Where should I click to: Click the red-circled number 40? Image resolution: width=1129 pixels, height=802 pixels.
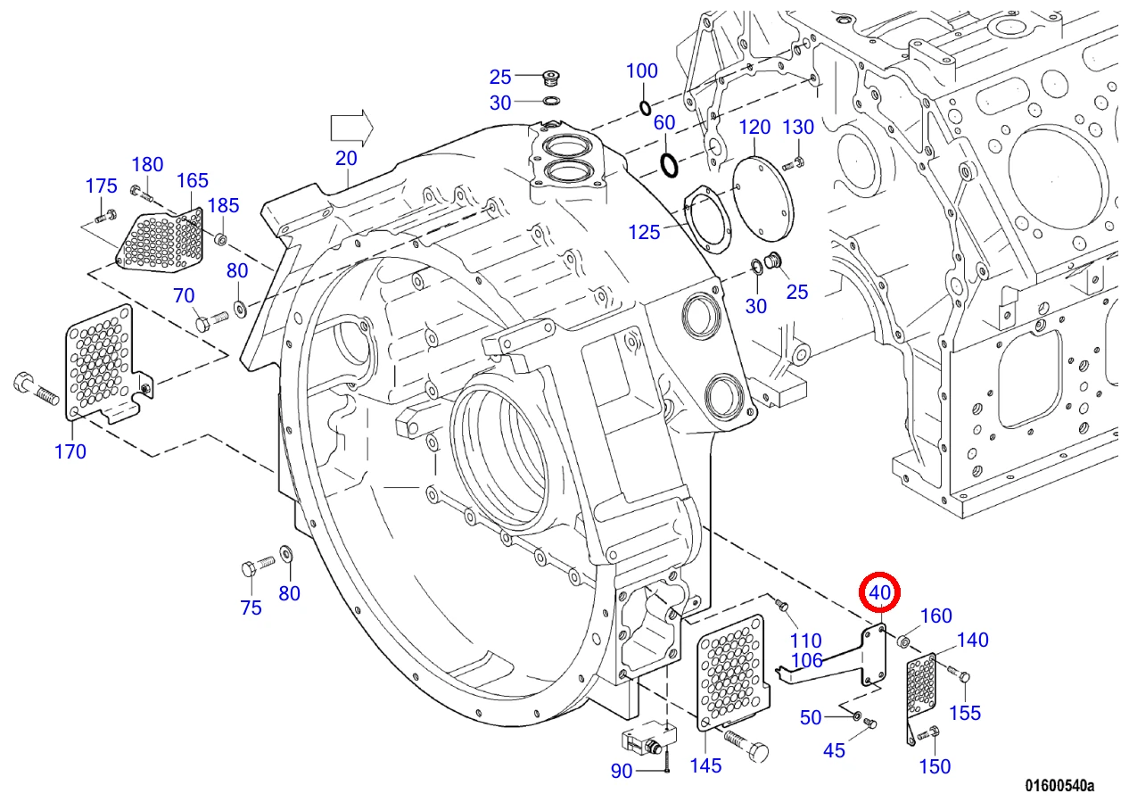point(879,593)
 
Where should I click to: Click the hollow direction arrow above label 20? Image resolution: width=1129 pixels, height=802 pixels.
point(351,128)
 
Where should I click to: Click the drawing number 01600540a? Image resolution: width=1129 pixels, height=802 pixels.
point(1059,785)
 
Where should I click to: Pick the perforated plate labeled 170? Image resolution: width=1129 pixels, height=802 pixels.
point(103,363)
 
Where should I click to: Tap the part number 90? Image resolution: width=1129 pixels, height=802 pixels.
point(621,771)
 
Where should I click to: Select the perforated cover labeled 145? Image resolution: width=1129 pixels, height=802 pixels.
point(732,672)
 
